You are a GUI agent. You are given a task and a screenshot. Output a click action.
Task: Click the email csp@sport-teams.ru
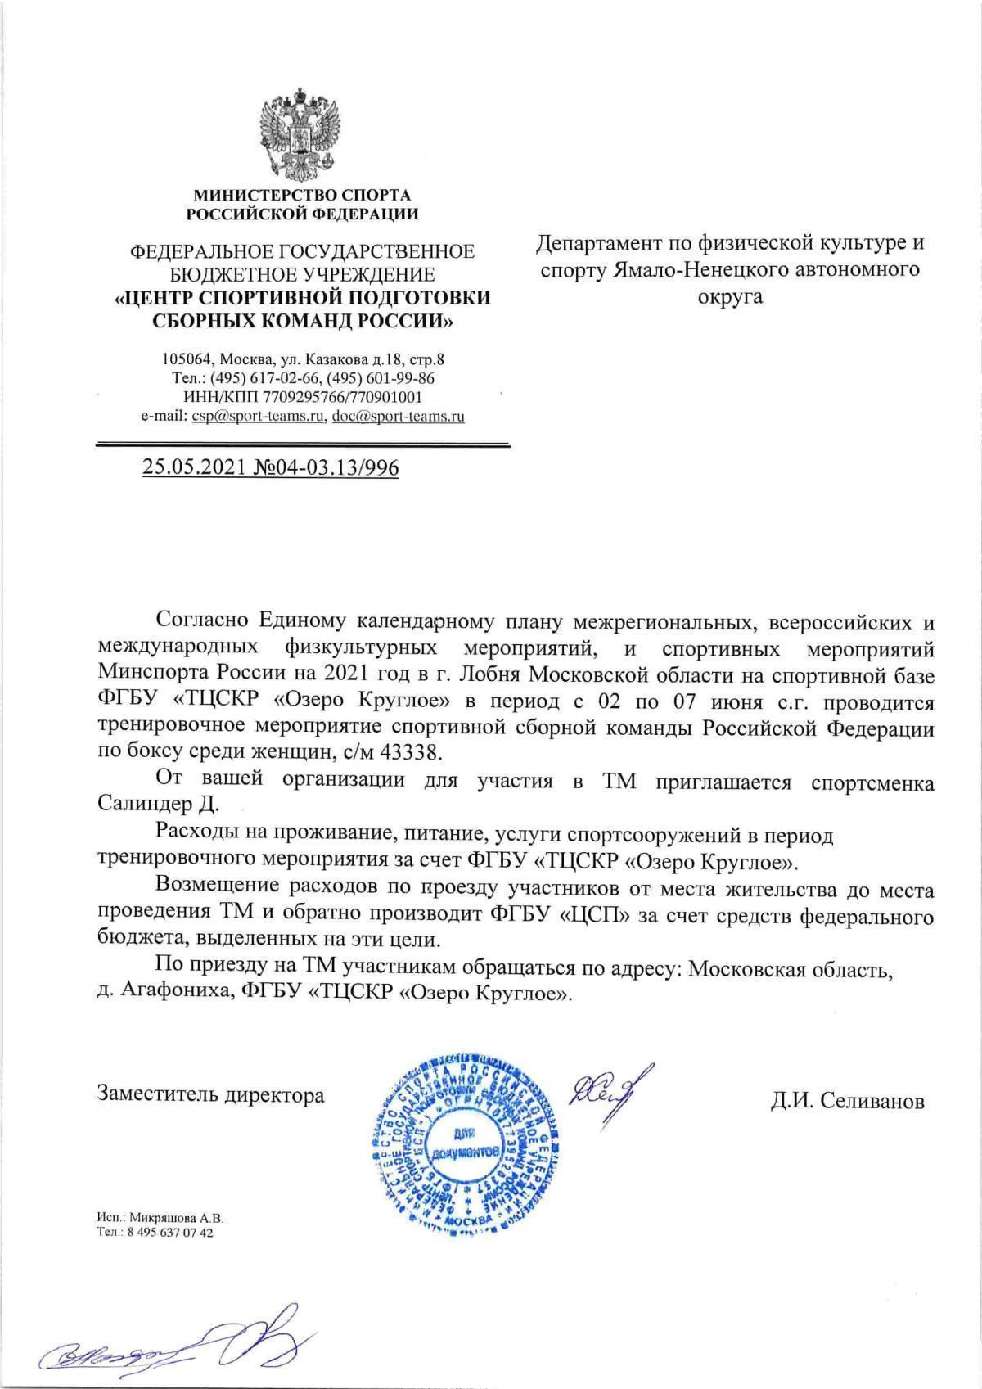click(258, 416)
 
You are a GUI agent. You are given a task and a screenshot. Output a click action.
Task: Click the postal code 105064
click(187, 359)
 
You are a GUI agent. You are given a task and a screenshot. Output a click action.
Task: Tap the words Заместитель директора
click(210, 1094)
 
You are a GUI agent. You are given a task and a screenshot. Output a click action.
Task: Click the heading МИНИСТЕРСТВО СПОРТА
click(302, 196)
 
